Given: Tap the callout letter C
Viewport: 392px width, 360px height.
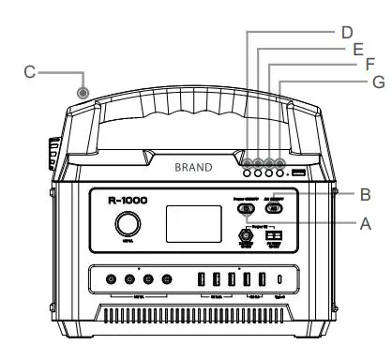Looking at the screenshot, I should pyautogui.click(x=30, y=70).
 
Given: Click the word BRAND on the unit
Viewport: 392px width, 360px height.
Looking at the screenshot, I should pyautogui.click(x=193, y=167).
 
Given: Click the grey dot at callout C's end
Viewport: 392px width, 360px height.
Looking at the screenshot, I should pyautogui.click(x=83, y=93).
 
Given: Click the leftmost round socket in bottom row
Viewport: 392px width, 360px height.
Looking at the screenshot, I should pyautogui.click(x=112, y=280).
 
